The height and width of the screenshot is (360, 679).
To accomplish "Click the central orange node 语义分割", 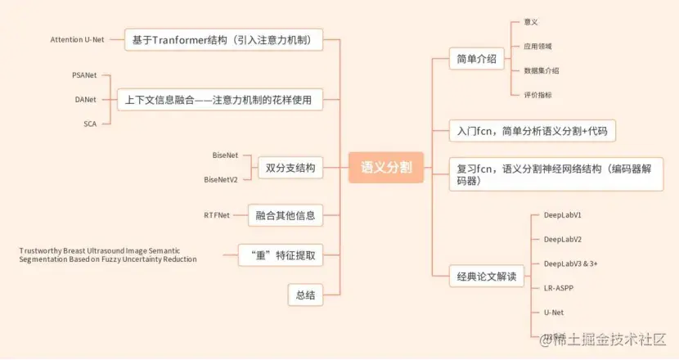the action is point(386,168).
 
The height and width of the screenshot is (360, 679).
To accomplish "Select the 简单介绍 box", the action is point(477,59).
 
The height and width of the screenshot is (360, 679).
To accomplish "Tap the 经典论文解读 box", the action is point(487,277).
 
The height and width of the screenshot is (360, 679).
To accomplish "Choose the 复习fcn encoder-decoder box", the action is point(556,174).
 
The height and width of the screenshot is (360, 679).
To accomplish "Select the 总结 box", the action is point(304,295).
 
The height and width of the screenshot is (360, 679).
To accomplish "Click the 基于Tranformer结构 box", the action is point(223,39).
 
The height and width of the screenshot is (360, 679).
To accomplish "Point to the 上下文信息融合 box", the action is point(219,101).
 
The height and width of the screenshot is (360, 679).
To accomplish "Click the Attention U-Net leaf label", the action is point(77,39).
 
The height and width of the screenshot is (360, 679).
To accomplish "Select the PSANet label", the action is point(84,75).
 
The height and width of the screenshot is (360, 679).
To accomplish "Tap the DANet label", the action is point(86,100).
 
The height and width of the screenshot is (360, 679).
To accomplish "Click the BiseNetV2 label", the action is point(221,179).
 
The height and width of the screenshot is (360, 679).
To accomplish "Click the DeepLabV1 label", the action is point(563,214).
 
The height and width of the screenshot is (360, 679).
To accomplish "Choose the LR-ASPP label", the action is point(559,288).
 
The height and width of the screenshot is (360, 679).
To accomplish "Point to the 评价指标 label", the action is point(537,95).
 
